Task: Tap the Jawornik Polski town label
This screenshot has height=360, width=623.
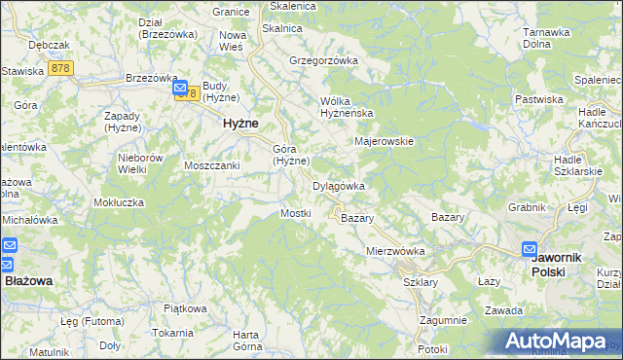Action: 557,265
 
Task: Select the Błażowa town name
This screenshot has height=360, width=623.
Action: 29,279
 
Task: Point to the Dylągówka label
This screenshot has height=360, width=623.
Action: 338,186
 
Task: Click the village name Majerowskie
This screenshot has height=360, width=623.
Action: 385,141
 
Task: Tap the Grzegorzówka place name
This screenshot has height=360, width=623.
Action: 324,60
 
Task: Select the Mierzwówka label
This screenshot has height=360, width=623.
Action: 396,251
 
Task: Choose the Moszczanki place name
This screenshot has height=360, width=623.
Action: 212,165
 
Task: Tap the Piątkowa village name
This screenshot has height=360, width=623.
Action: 185,308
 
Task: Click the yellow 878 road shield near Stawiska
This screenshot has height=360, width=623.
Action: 61,68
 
